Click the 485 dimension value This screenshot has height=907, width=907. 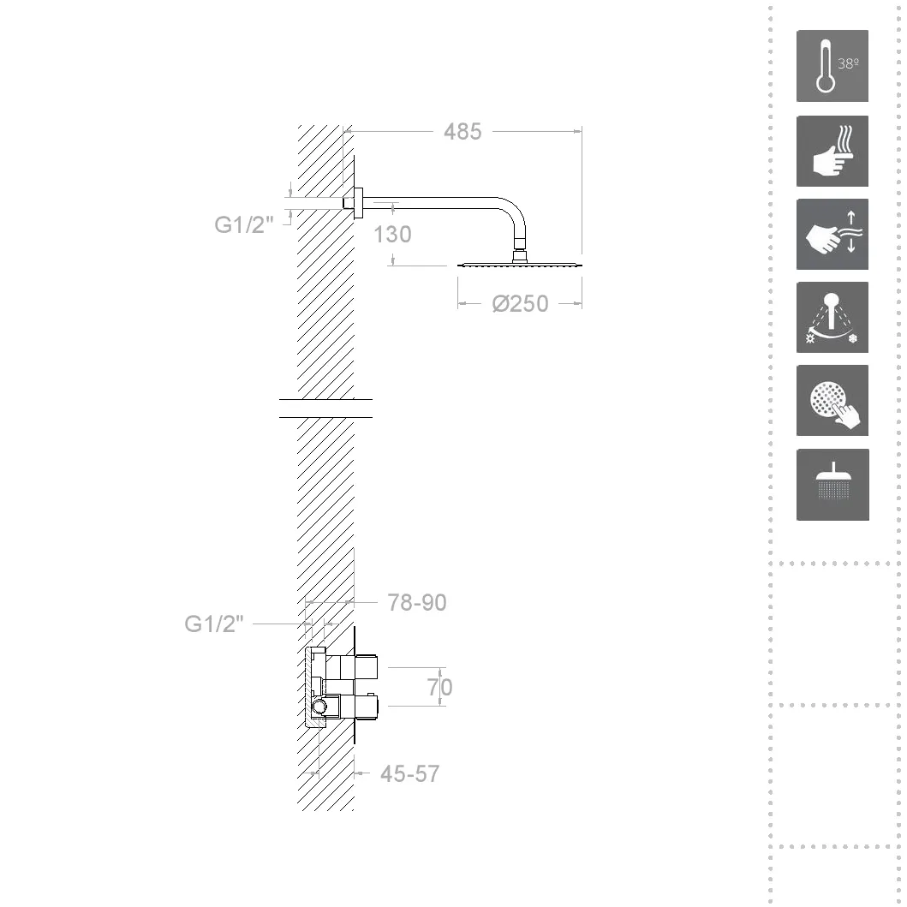[x=462, y=132]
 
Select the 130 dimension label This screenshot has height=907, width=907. [x=392, y=235]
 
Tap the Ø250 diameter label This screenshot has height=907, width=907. [x=520, y=304]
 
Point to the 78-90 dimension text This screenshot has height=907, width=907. [x=416, y=603]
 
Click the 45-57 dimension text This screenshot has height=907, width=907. [x=409, y=774]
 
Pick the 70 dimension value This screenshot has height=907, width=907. [x=439, y=687]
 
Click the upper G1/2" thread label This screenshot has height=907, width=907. [x=243, y=224]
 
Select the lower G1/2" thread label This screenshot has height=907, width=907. [x=213, y=624]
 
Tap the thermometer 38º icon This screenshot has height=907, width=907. [x=832, y=66]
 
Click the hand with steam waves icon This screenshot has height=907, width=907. [x=832, y=151]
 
